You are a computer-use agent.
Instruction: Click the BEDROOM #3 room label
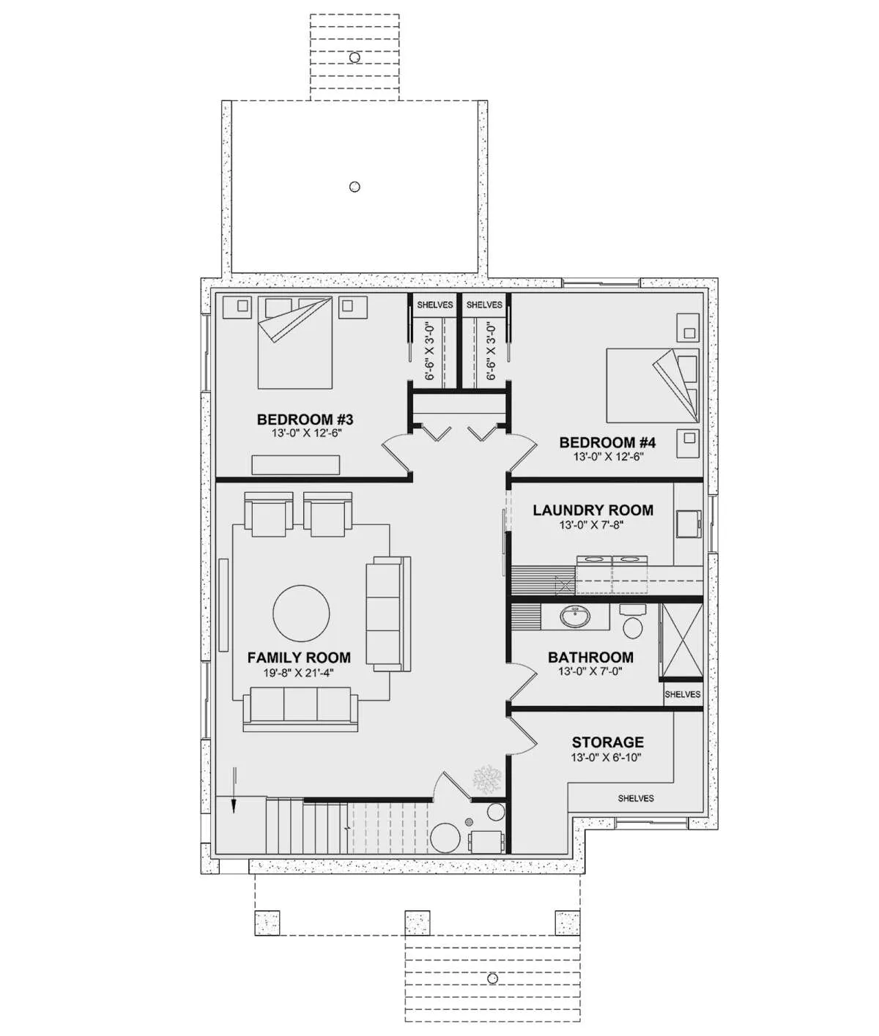tap(305, 419)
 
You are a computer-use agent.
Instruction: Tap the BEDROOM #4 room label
tap(607, 442)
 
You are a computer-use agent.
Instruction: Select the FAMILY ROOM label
tap(299, 657)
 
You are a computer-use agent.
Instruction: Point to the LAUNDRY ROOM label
tap(593, 510)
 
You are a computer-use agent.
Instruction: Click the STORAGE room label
tap(607, 742)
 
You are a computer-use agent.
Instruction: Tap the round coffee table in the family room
tap(301, 613)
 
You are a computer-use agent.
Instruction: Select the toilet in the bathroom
tap(633, 622)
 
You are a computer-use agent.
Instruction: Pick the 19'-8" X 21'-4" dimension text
tap(299, 673)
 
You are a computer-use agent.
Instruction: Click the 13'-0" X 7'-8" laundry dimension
tap(592, 525)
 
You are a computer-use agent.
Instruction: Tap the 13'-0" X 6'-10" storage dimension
tap(607, 757)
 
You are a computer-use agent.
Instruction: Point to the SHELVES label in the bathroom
tap(683, 694)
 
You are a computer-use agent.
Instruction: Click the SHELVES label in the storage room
tap(636, 798)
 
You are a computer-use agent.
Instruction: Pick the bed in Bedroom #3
tap(295, 342)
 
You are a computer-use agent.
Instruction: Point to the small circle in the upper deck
tap(355, 187)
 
